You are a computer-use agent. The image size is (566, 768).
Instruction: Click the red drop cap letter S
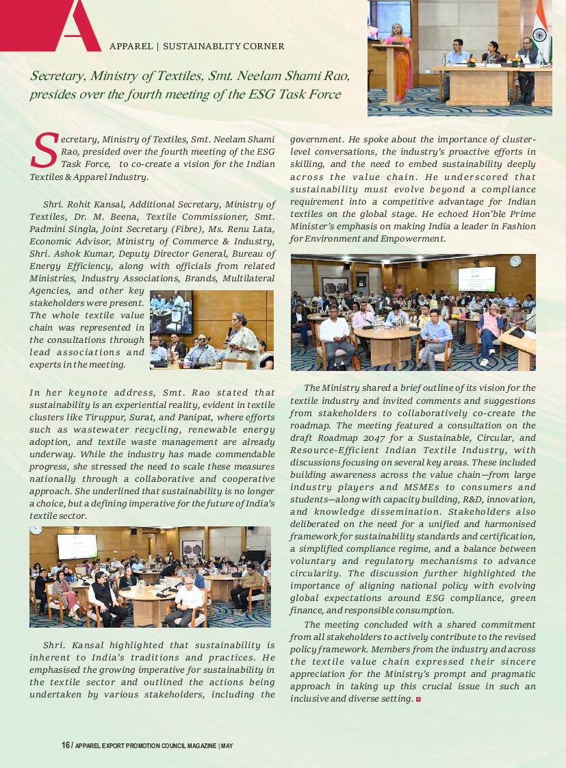pyautogui.click(x=44, y=150)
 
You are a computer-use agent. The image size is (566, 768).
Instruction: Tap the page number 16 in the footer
pyautogui.click(x=66, y=745)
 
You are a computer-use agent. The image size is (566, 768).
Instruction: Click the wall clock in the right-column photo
pyautogui.click(x=515, y=261)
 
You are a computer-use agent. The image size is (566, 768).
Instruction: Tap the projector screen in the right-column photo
pyautogui.click(x=476, y=279)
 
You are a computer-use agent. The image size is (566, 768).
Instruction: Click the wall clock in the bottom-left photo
pyautogui.click(x=36, y=530)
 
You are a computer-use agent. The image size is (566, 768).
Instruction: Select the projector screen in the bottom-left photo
pyautogui.click(x=77, y=546)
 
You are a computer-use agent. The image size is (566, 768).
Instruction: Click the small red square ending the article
pyautogui.click(x=418, y=699)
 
